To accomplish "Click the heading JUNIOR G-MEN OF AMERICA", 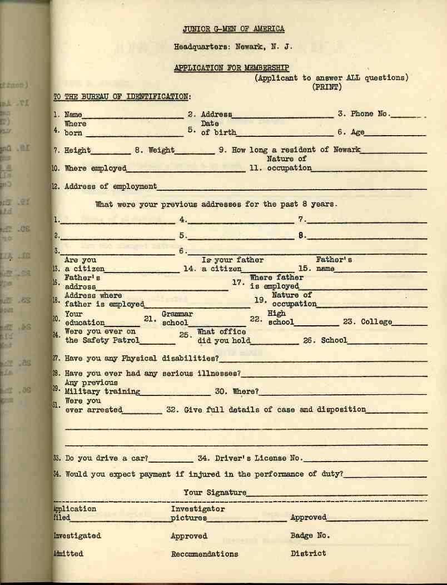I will click(234, 29).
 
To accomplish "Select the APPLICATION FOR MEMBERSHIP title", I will click(231, 68).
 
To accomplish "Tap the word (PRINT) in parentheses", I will click(327, 87).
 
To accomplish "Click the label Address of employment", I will click(111, 186).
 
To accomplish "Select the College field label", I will click(376, 322).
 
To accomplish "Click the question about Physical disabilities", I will click(141, 358).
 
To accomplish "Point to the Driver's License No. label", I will click(250, 459).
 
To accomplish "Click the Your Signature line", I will click(337, 494).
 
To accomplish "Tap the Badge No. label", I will click(310, 536).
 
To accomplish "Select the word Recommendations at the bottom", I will click(205, 554).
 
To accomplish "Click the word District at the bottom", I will click(308, 553).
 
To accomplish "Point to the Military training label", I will click(102, 391).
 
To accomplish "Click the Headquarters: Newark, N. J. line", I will click(233, 47).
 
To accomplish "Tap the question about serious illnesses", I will click(153, 373).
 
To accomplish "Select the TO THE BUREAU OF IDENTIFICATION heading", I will click(122, 97).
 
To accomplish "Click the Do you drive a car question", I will click(106, 459).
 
